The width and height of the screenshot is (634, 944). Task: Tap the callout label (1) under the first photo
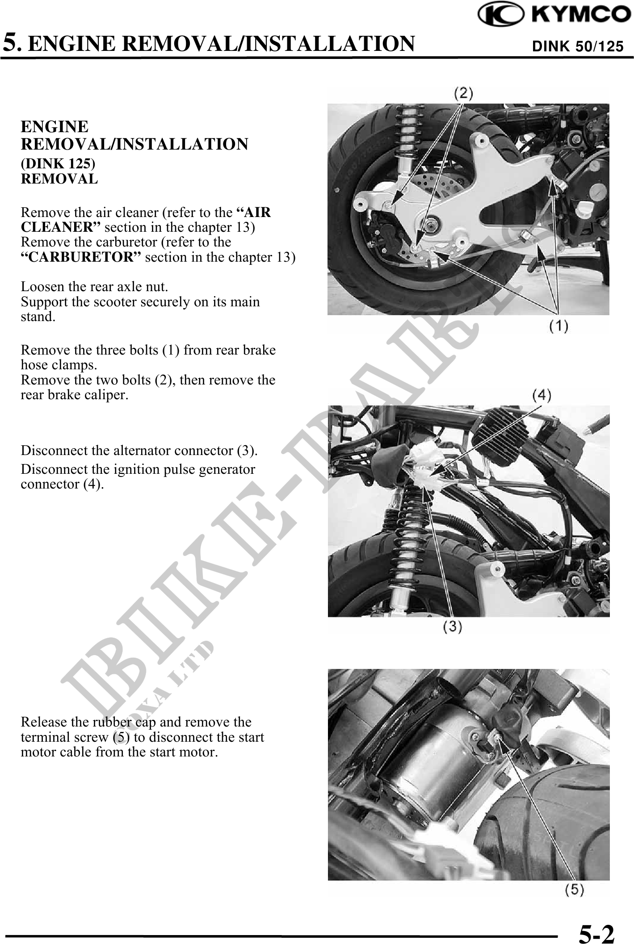click(x=558, y=326)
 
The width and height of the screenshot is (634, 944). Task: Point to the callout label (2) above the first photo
click(x=464, y=93)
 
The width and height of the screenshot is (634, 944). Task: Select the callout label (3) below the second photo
click(x=452, y=627)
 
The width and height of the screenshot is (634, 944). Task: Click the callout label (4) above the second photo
click(x=542, y=395)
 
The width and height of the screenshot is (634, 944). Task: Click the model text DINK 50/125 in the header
click(x=577, y=46)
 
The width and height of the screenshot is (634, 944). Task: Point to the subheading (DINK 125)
click(x=58, y=163)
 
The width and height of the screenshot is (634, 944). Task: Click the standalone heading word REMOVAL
click(x=59, y=179)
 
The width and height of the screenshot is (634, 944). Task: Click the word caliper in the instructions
click(x=107, y=395)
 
